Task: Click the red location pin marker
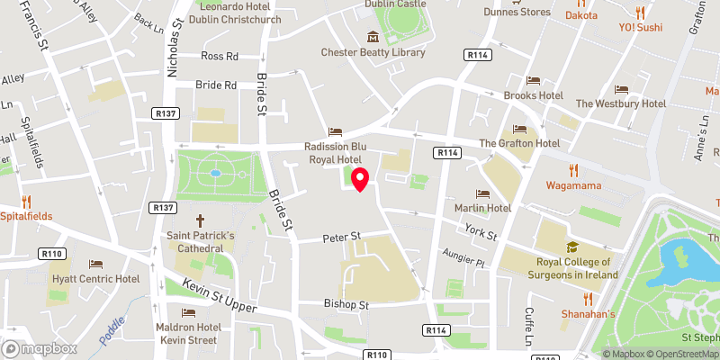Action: [x=360, y=179]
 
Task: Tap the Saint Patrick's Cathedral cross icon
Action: [x=201, y=220]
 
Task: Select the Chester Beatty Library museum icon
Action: [x=373, y=36]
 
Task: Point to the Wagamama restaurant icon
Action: [x=572, y=171]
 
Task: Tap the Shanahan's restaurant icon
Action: [x=589, y=299]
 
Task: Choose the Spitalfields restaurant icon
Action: [x=26, y=202]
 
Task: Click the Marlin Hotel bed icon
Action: [x=482, y=193]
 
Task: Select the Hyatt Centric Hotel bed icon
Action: [x=96, y=265]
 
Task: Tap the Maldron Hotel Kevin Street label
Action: [x=188, y=333]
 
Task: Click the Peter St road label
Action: [x=342, y=237]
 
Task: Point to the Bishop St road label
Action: [x=347, y=305]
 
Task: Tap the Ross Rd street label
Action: [x=220, y=56]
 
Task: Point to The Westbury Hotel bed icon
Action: [x=621, y=89]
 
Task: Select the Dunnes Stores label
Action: [x=541, y=12]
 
